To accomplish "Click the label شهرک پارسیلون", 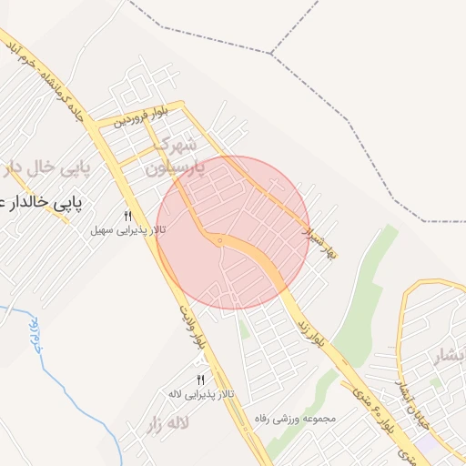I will [x=180, y=156].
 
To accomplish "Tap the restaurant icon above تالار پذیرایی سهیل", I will [x=128, y=217].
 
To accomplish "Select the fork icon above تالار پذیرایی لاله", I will [x=200, y=380].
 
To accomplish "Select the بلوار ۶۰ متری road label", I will [x=381, y=419].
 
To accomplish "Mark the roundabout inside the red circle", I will [x=219, y=240].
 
